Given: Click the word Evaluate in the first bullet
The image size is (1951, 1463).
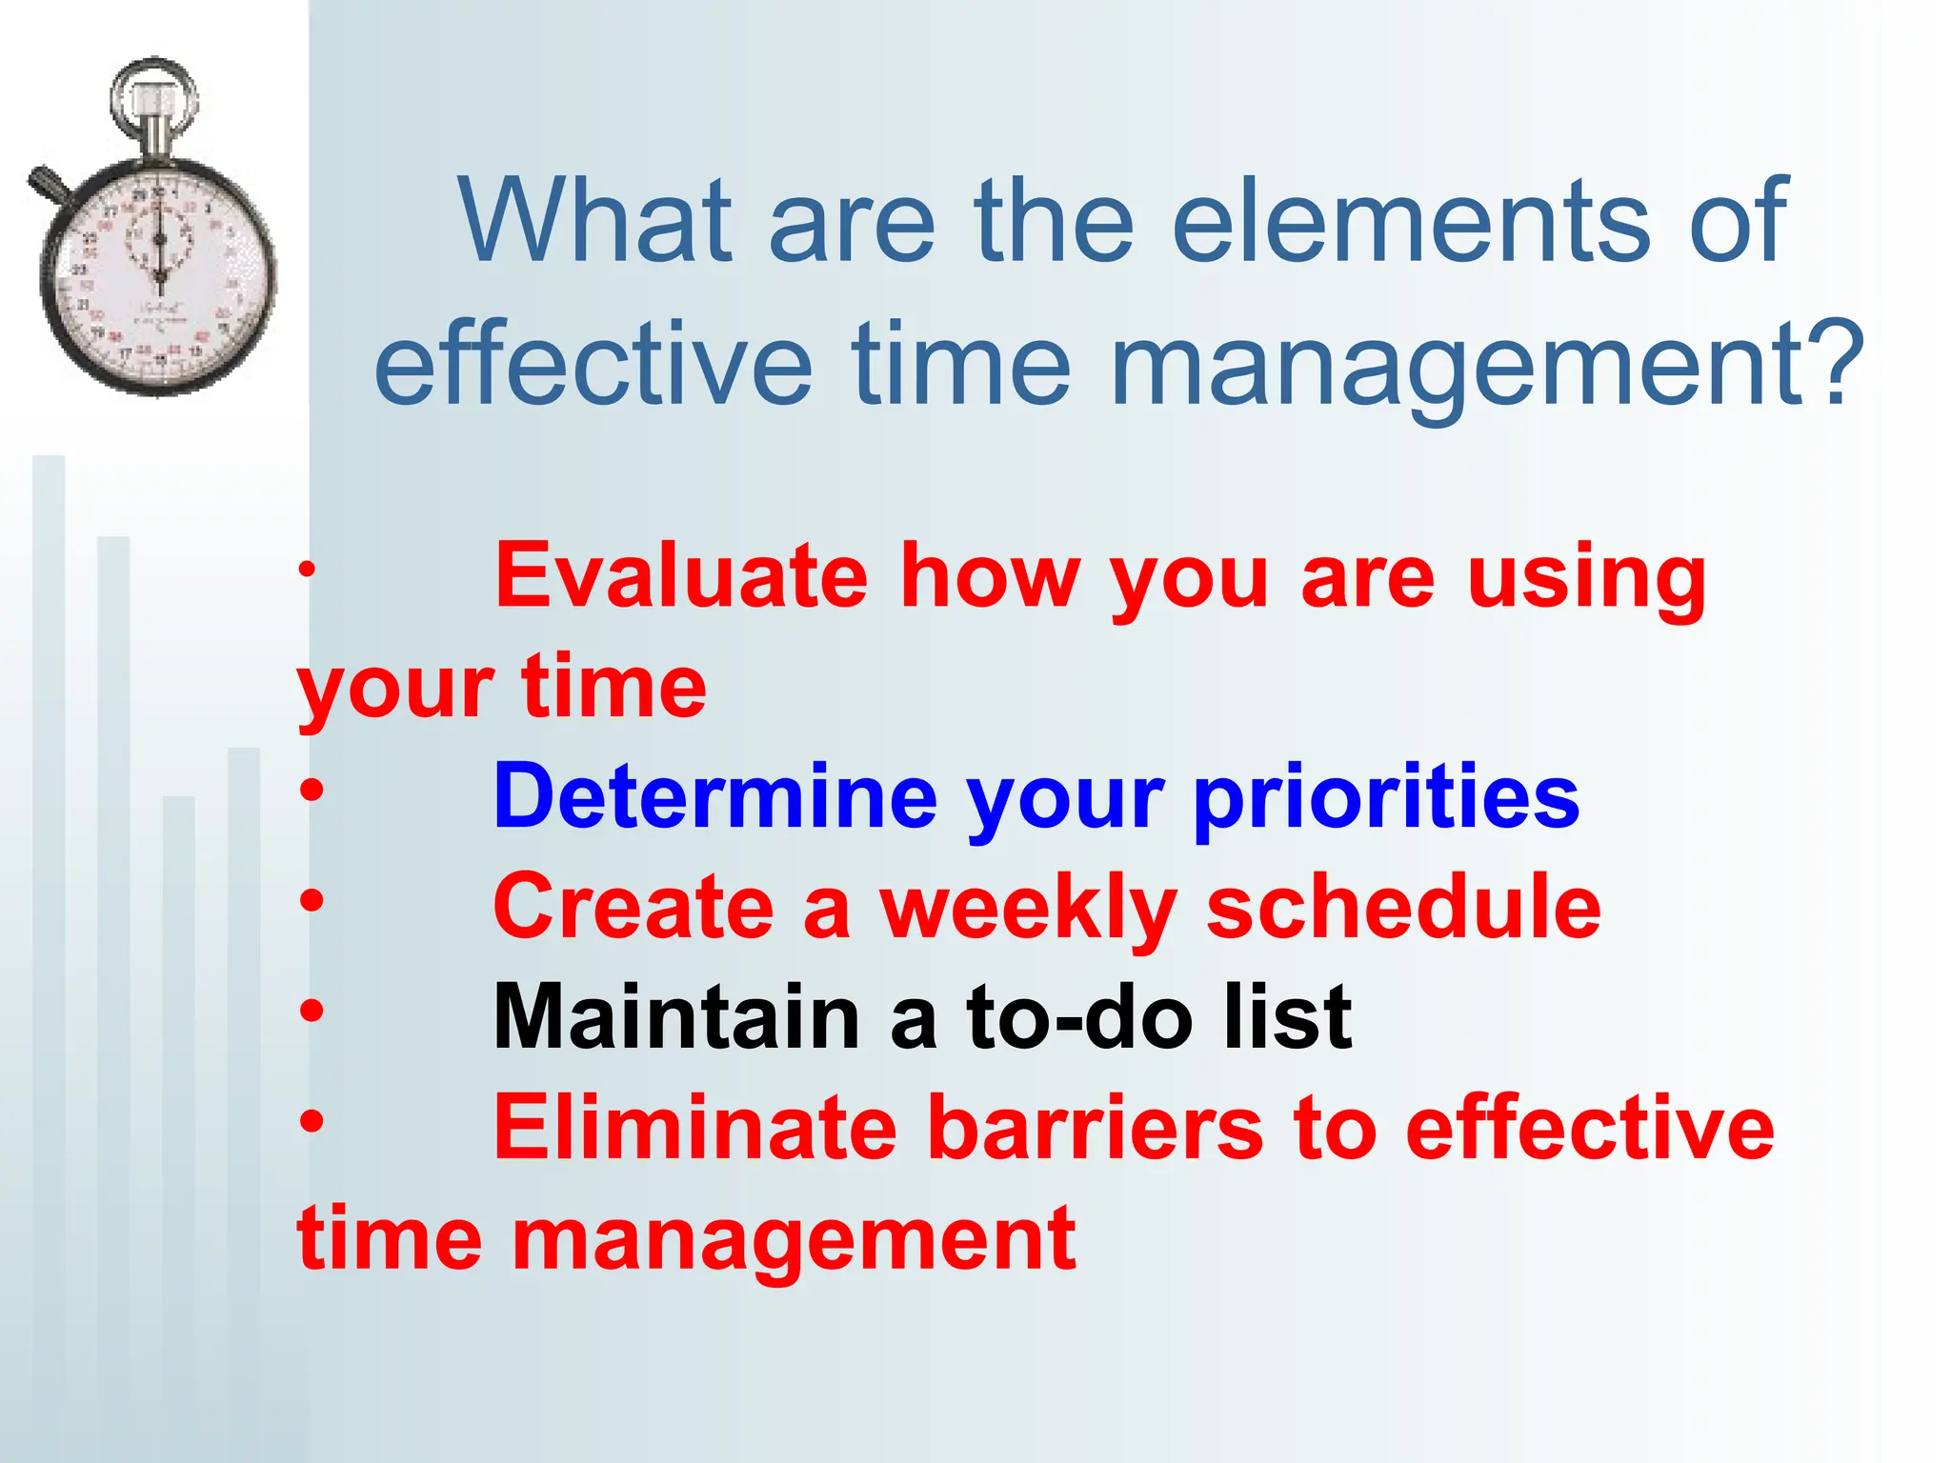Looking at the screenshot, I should tap(681, 575).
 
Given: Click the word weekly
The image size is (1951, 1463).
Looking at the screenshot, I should tap(1027, 909).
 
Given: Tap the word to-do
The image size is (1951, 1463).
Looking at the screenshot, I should tap(1079, 1017).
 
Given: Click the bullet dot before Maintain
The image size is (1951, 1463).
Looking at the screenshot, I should tap(311, 1010).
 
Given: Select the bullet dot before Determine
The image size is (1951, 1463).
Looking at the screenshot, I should tap(311, 789).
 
